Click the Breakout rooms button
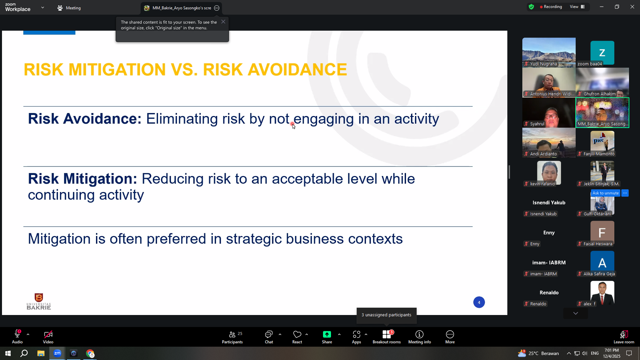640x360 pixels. tap(386, 337)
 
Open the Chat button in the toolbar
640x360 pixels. tap(269, 337)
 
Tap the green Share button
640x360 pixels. tap(327, 337)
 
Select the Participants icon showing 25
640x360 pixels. tap(232, 337)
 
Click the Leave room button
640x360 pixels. tap(624, 337)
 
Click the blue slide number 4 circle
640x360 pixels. tap(479, 302)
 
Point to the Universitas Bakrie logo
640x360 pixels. tap(39, 301)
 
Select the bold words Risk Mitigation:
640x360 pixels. tap(82, 179)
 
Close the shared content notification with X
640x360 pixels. tap(223, 22)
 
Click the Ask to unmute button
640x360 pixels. tap(605, 193)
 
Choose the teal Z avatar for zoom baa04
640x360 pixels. tap(602, 53)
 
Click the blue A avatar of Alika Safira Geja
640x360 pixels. tap(602, 263)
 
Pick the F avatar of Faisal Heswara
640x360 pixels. tap(602, 233)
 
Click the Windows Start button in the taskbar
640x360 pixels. tap(8, 353)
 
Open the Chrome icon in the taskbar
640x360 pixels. tap(90, 353)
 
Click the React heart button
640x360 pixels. tap(297, 337)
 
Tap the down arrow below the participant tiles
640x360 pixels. tap(575, 313)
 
